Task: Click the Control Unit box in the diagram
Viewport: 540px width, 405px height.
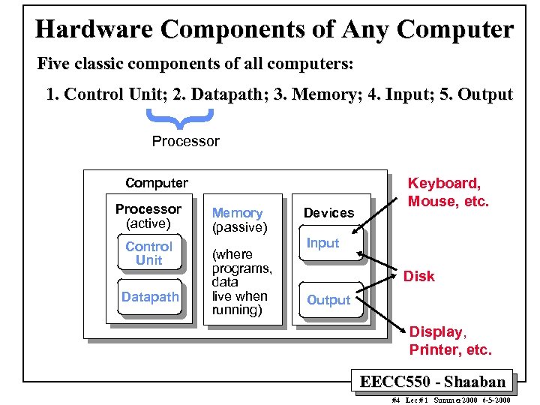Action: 148,253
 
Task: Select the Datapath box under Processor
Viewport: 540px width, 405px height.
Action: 150,297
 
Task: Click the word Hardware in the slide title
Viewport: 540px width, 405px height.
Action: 94,29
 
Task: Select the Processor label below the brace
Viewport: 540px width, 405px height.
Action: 186,141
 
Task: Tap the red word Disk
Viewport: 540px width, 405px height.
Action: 418,276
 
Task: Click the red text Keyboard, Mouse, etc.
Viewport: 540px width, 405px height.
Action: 448,192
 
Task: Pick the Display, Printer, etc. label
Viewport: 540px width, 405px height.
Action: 450,340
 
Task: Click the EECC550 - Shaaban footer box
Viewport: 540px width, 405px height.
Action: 433,381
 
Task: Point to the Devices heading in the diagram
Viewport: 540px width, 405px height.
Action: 328,213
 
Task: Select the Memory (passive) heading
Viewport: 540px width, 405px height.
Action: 238,220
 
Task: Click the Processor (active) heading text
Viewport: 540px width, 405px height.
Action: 148,216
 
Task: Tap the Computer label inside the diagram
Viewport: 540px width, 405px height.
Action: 157,183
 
